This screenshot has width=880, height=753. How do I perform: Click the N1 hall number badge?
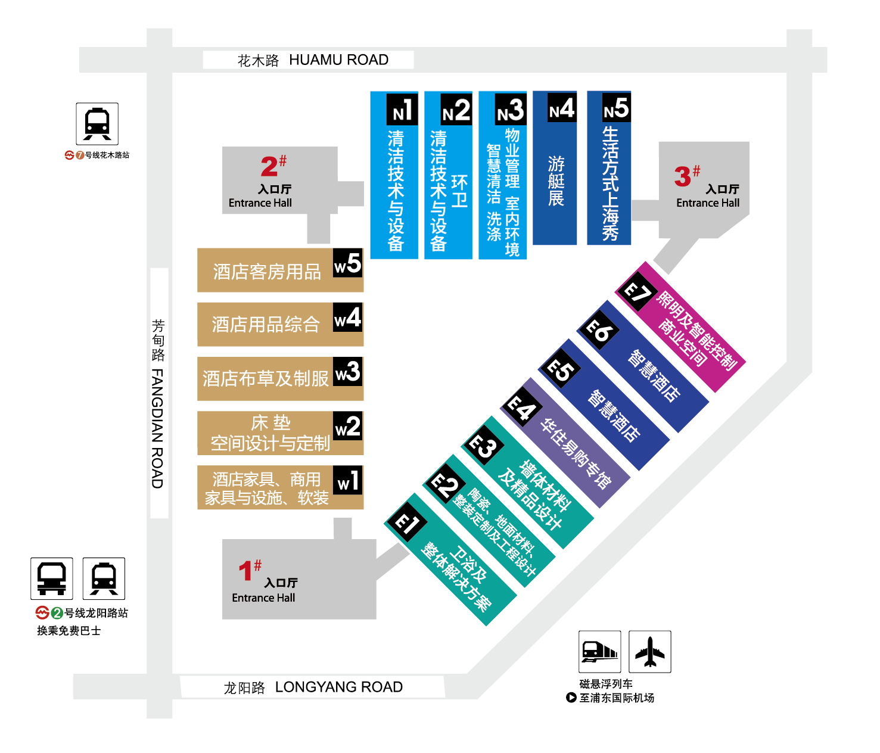point(402,110)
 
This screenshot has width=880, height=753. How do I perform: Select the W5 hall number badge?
point(348,263)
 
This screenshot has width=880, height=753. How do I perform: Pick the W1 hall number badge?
point(348,480)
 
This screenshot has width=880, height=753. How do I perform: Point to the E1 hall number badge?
point(406,522)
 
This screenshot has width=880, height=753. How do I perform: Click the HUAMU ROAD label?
point(338,60)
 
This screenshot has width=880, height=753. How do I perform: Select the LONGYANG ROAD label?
point(338,687)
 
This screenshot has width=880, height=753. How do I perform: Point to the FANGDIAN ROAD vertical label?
point(157,429)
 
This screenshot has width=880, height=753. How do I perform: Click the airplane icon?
point(649,652)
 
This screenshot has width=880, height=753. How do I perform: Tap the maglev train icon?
point(599,652)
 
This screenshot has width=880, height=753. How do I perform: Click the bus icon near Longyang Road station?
point(51,578)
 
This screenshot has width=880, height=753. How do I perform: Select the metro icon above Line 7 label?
point(97,124)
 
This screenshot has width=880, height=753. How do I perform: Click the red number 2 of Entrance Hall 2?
point(269,166)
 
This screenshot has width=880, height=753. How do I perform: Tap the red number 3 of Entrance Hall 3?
point(682,176)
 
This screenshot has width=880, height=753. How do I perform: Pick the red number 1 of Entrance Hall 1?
point(245,570)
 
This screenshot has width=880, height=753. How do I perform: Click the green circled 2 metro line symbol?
point(57,613)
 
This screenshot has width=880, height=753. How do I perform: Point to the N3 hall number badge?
point(511,110)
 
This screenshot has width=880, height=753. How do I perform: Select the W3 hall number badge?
point(348,372)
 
